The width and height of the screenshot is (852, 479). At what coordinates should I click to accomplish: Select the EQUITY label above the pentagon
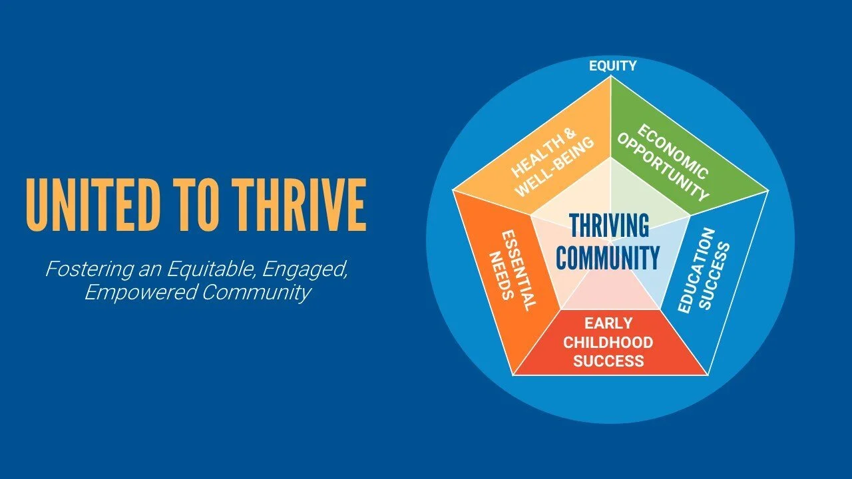[612, 66]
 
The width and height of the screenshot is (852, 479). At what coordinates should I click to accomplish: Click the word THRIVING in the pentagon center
[608, 227]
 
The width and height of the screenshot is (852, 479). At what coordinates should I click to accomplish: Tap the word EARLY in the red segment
[608, 324]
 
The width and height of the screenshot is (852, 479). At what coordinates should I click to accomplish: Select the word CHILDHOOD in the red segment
[608, 343]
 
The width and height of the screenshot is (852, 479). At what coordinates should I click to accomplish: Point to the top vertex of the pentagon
[610, 77]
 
